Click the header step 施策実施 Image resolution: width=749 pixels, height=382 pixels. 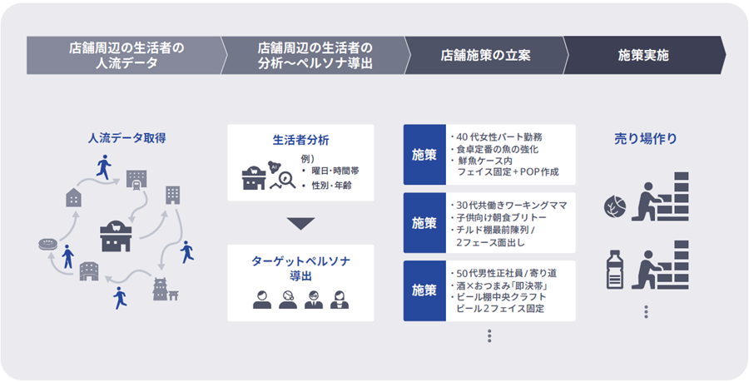tap(642, 56)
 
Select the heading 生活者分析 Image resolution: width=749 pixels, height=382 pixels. tap(300, 140)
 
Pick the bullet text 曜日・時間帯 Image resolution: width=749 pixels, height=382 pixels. tap(335, 171)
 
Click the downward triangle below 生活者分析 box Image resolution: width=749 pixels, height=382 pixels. tap(300, 223)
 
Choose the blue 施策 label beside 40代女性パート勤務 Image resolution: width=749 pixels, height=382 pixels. tap(424, 155)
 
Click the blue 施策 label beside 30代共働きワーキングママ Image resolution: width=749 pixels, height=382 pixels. tap(424, 223)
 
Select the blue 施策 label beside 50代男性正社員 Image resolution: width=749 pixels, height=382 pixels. tap(424, 290)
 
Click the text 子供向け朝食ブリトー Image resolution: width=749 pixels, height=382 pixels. tap(503, 217)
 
